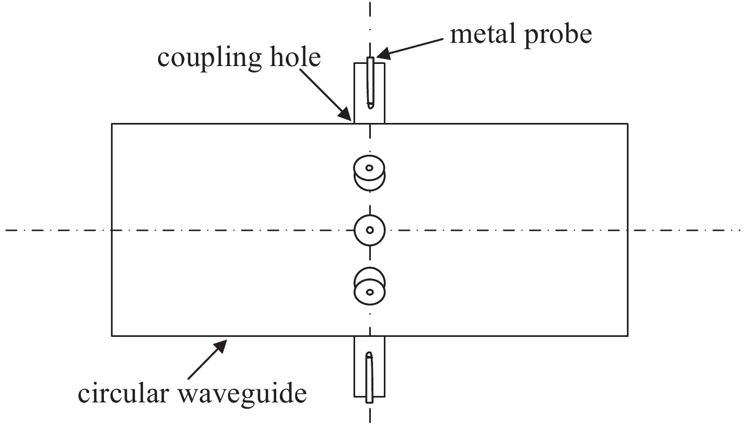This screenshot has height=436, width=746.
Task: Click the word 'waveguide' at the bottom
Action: tap(246, 394)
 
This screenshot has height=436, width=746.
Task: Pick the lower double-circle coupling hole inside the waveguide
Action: tap(370, 286)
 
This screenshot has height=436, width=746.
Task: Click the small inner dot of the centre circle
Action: tap(370, 230)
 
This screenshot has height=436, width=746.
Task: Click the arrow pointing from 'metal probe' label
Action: tap(411, 45)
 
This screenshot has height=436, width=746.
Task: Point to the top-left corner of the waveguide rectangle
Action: tap(112, 124)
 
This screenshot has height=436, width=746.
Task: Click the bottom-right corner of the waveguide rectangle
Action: tap(628, 335)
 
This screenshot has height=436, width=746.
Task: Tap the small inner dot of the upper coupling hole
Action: tap(370, 168)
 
